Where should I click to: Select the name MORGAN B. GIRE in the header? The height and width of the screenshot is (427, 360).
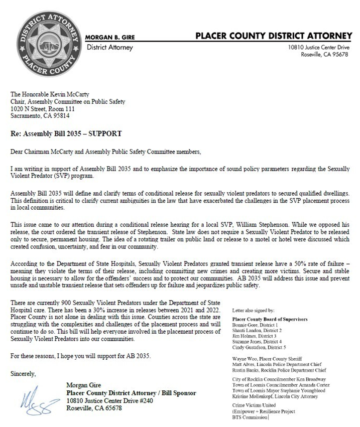110,37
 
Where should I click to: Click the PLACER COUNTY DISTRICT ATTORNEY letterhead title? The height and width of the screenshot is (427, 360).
273,36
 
